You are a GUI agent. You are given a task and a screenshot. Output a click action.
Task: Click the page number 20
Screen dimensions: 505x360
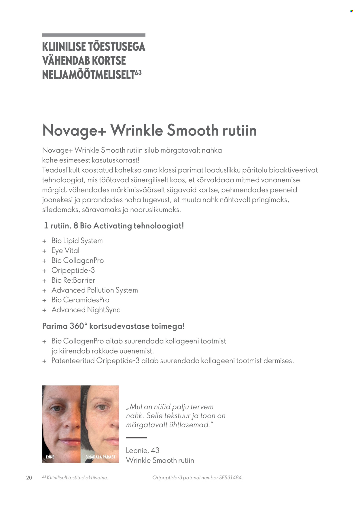click(29, 478)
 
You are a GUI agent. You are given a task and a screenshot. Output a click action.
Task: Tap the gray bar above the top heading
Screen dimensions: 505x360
click(94, 35)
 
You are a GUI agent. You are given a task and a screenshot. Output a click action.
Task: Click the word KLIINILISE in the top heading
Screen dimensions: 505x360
click(64, 47)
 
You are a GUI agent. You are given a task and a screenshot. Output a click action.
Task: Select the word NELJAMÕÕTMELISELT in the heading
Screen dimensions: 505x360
click(88, 75)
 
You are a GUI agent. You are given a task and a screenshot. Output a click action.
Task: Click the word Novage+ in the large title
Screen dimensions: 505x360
click(74, 130)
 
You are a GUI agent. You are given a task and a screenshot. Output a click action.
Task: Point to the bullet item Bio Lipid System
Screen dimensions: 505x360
click(77, 241)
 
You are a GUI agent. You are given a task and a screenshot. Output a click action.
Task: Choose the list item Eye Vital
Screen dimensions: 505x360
click(65, 251)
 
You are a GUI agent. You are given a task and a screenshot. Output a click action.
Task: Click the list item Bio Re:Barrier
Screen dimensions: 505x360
click(73, 280)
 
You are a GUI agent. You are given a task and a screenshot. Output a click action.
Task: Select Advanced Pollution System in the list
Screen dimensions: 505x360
click(94, 290)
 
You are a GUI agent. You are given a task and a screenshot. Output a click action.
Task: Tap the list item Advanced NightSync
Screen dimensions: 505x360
click(86, 310)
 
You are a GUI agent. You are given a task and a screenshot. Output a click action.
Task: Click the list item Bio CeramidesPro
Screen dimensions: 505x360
click(80, 300)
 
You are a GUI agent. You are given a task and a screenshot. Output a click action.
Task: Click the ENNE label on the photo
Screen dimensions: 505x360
click(50, 457)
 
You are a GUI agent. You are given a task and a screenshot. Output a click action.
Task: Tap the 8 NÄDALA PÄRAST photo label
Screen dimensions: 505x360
click(100, 457)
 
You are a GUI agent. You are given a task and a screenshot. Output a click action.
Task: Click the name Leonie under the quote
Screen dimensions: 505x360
click(137, 451)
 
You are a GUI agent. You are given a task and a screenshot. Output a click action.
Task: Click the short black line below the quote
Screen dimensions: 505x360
click(137, 438)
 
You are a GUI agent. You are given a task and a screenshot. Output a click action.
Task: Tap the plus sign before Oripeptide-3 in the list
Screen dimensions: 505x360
click(44, 271)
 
